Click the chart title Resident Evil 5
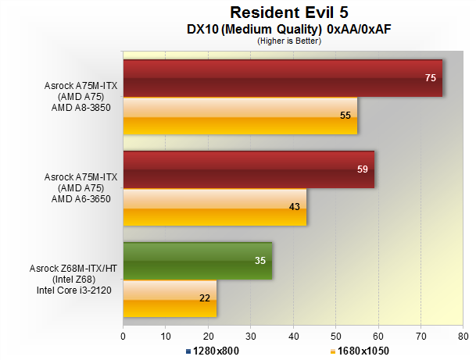pos(289,12)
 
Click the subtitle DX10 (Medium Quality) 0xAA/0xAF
pos(289,29)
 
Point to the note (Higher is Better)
pos(289,41)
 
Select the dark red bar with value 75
pos(282,78)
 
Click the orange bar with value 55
pos(240,116)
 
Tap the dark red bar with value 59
pos(249,169)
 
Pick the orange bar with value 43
pos(215,207)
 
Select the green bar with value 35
pos(198,261)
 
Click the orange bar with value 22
pos(170,298)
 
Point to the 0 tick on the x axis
pos(123,337)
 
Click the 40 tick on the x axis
pos(293,337)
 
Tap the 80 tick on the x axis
pos(463,337)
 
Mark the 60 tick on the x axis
pos(378,337)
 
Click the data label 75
pos(431,78)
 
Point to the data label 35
pos(260,261)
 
